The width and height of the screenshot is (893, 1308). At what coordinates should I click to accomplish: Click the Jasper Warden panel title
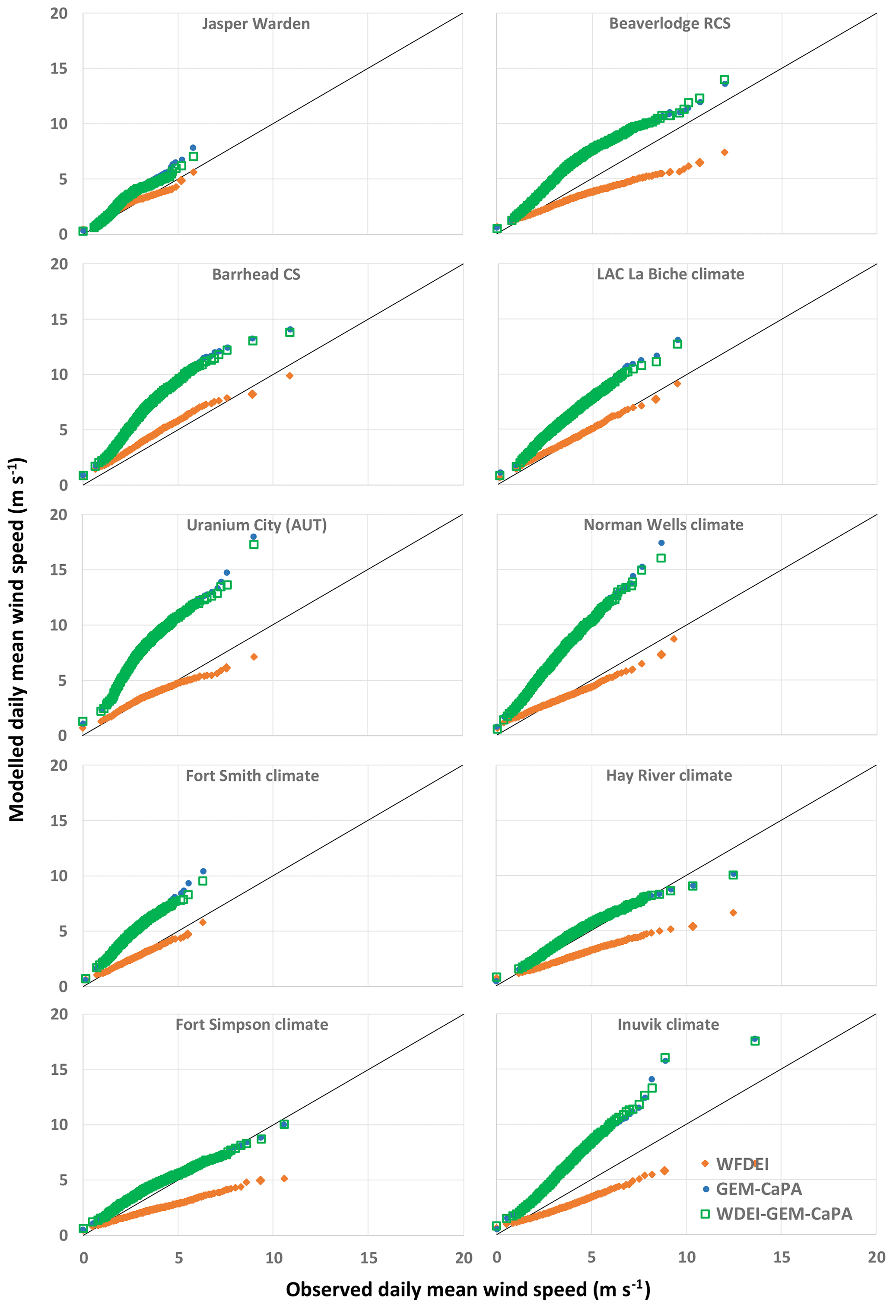pos(256,24)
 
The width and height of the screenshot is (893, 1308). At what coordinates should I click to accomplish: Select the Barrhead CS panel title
pos(256,274)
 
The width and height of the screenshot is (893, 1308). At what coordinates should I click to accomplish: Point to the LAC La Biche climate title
pos(670,274)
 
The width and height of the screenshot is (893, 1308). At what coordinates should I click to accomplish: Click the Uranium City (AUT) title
pos(256,525)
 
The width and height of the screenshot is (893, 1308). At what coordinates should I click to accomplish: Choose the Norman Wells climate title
pos(663,524)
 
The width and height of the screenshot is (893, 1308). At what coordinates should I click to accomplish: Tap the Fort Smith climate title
pos(252,775)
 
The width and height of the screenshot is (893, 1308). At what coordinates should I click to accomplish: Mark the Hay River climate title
pos(669,775)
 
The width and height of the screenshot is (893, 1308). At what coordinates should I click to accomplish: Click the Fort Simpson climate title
pos(252,1024)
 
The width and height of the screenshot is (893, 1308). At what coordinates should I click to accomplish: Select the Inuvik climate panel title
pos(668,1024)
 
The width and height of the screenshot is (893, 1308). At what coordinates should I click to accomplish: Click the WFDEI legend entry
pos(741,1164)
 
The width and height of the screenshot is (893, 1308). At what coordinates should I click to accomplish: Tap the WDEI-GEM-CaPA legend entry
pos(783,1214)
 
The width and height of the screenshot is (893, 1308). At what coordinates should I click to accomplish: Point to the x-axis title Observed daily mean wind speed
pos(467,1289)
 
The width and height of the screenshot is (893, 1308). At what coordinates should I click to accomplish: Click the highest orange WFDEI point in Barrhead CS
pos(289,376)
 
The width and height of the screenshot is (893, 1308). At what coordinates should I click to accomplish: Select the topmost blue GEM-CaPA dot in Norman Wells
pos(661,543)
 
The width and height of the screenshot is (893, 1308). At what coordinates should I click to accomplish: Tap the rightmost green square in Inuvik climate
pos(755,1041)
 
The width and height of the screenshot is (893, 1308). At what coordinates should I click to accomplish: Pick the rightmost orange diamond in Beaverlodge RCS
pos(725,152)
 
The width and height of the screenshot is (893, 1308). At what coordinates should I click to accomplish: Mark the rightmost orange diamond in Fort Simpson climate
pos(284,1178)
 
